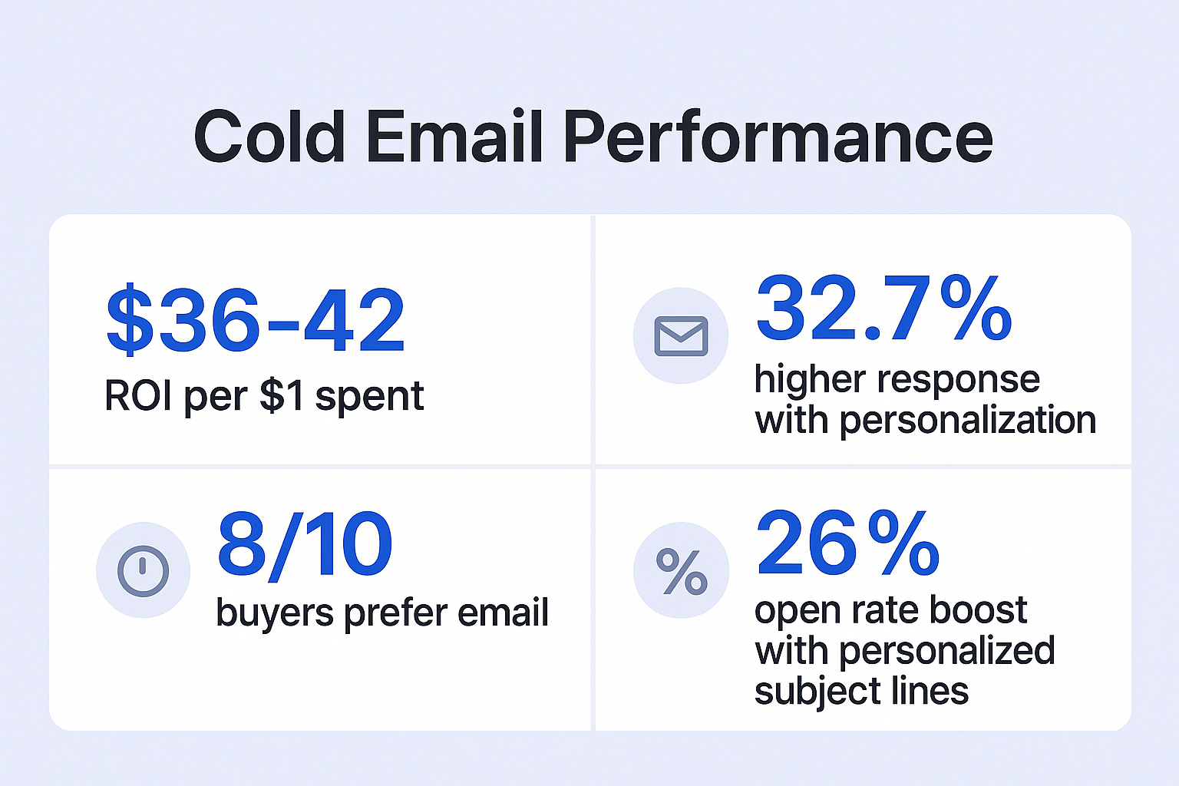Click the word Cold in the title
(x=269, y=136)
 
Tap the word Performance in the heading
(x=778, y=137)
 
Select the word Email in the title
(x=454, y=136)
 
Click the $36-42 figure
(x=256, y=320)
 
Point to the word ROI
(x=138, y=395)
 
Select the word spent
(x=369, y=398)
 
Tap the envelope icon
(x=681, y=336)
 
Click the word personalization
(x=968, y=421)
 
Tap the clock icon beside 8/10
(x=143, y=570)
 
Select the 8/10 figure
(x=305, y=546)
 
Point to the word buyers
(x=275, y=614)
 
